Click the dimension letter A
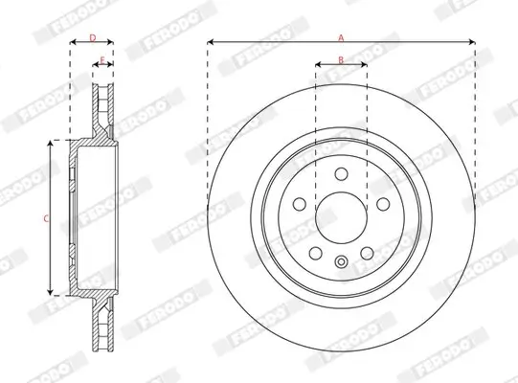pyautogui.click(x=341, y=36)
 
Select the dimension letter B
pyautogui.click(x=341, y=60)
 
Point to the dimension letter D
pyautogui.click(x=92, y=37)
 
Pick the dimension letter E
pyautogui.click(x=102, y=60)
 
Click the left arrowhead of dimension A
pyautogui.click(x=210, y=42)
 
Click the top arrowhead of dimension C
pyautogui.click(x=51, y=143)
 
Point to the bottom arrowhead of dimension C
pyautogui.click(x=51, y=293)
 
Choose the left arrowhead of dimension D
pyautogui.click(x=72, y=43)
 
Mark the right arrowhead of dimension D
pyautogui.click(x=112, y=43)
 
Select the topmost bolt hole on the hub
pyautogui.click(x=341, y=172)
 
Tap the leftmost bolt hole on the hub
pyautogui.click(x=299, y=203)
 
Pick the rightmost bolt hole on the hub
pyautogui.click(x=383, y=203)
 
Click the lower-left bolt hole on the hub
pyautogui.click(x=315, y=252)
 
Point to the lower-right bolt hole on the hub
pyautogui.click(x=367, y=252)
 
